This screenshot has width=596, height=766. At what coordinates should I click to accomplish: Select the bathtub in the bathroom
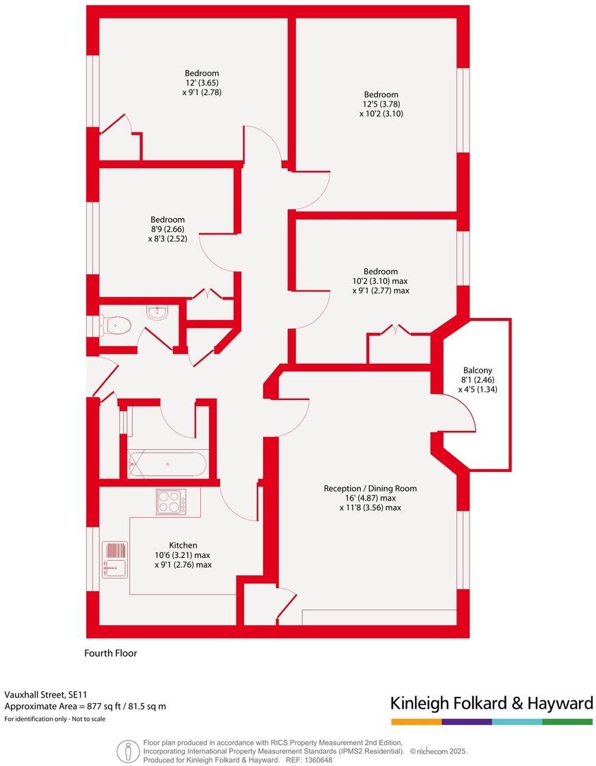point(167,465)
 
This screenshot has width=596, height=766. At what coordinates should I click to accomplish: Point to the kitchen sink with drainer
point(115,559)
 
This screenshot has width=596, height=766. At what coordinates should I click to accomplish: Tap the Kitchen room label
point(183,545)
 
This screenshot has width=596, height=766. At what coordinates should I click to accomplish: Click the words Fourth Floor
point(111,653)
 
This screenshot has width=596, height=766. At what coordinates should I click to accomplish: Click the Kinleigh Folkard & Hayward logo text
point(491,703)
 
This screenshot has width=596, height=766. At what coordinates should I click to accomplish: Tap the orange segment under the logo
point(416,722)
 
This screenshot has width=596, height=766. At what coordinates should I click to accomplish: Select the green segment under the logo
point(567,722)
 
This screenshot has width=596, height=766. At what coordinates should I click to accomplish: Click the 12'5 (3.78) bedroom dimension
point(381,104)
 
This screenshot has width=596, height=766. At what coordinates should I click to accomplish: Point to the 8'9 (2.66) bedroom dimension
point(167,229)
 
